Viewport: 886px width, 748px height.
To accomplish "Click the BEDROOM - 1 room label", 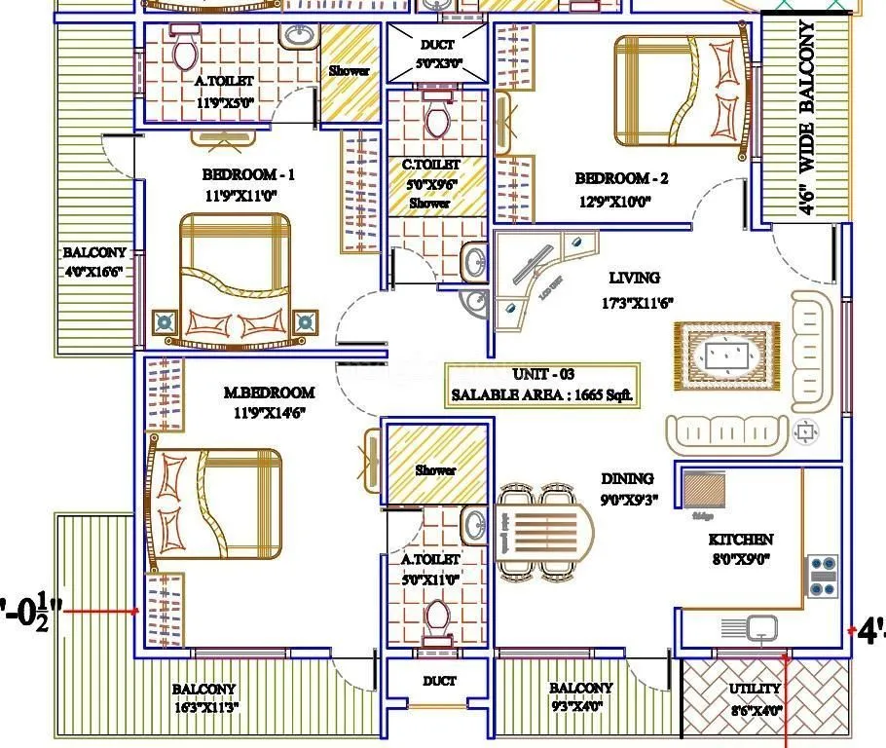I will [247, 175].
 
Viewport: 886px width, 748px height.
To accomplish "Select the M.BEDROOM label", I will [269, 393].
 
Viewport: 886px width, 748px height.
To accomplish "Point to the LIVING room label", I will [634, 278].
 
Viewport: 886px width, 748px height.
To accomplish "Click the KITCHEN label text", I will [741, 539].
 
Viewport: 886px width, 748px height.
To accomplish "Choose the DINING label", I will [626, 478].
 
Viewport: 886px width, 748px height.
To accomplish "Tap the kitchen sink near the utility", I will [761, 628].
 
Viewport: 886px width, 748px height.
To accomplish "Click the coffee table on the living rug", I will [725, 355].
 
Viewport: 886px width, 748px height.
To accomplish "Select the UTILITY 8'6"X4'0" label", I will [756, 698].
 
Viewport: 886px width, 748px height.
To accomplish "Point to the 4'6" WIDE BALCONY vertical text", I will [807, 117].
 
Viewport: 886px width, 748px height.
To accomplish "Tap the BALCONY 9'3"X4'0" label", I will [581, 696].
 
